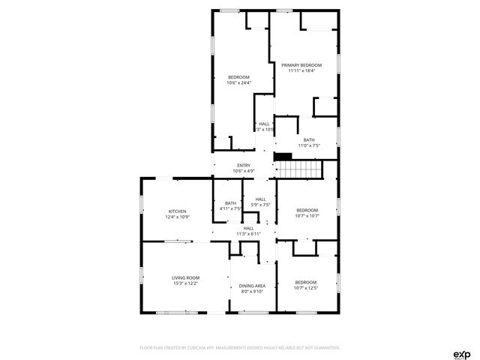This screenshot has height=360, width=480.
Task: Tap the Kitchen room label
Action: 177,211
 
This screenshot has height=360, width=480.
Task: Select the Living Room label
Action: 185,278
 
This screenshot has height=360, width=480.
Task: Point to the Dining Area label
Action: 252,286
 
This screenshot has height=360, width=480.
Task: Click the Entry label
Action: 244,166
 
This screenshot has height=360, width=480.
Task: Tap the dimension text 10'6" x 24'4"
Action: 238,82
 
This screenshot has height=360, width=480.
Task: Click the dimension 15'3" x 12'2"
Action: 185,283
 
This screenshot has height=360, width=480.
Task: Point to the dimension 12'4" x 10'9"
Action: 177,217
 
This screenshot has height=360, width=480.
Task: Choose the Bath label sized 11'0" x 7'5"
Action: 309,139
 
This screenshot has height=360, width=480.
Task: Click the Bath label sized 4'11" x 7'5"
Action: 230,203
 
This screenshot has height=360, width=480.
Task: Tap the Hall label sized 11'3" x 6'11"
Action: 248,228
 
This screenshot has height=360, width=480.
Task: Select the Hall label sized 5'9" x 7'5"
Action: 260,199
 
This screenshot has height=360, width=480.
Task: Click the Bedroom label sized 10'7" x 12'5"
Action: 305,282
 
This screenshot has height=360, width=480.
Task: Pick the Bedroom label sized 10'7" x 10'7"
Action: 307,210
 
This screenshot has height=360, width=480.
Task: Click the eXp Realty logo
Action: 461,353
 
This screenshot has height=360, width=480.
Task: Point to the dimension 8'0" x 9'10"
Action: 252,292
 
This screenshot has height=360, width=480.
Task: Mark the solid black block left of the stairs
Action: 283,156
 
